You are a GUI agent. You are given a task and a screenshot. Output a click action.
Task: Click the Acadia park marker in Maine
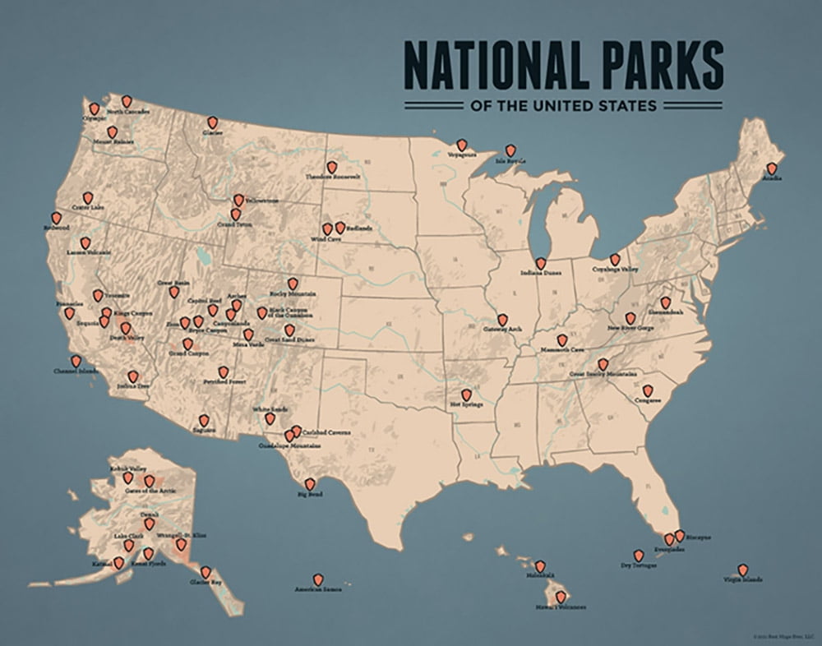771,168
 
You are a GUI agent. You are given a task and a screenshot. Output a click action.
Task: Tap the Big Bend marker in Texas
310,484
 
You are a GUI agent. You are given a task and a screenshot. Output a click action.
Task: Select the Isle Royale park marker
510,150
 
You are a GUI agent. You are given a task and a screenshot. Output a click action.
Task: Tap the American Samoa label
318,589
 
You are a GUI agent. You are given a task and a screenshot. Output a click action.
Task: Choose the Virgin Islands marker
743,570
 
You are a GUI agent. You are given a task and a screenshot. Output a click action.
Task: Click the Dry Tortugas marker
638,556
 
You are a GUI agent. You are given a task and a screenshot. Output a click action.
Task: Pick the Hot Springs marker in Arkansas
466,395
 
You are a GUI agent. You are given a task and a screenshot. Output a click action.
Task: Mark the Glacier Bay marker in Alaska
205,572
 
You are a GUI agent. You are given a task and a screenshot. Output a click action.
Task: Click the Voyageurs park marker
462,145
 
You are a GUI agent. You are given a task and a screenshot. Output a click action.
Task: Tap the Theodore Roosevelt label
333,177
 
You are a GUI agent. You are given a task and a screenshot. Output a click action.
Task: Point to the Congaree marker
648,390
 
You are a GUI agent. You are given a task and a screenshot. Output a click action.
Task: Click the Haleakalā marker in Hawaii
540,565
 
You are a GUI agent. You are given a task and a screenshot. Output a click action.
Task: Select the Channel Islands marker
76,360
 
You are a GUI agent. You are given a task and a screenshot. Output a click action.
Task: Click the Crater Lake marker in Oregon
88,198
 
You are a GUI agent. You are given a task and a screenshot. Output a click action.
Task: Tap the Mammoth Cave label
562,350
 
